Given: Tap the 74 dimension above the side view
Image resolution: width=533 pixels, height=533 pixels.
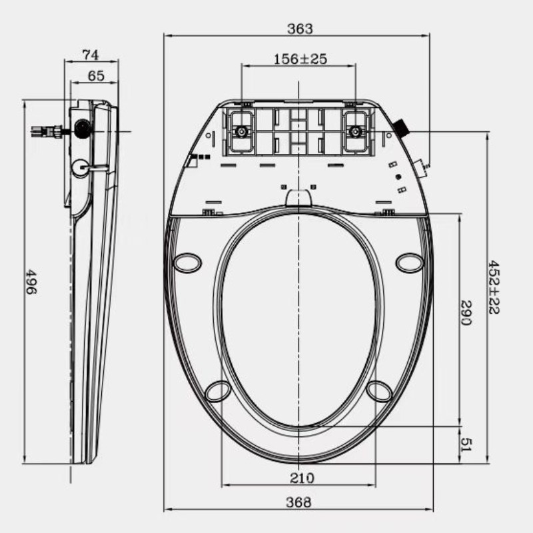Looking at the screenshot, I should point(91,54).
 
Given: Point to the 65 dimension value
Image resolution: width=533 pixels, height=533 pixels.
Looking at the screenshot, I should point(95,76).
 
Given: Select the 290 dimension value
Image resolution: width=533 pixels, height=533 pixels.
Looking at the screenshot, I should point(467,313).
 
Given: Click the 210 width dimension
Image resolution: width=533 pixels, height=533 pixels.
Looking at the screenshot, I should point(298,478).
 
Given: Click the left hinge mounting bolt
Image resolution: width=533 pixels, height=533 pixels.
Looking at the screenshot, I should point(241,131).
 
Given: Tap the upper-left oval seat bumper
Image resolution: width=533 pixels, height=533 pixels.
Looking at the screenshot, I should point(187,263).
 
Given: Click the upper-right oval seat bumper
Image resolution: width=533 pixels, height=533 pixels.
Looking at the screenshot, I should point(409,263).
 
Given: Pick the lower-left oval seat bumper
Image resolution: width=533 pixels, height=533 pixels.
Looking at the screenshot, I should point(218,391).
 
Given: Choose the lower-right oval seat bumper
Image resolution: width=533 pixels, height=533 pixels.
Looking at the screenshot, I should point(379,391).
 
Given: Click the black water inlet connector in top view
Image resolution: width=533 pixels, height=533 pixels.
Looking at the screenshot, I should point(402,127).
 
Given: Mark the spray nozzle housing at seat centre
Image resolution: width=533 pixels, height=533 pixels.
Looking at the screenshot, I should point(298,198).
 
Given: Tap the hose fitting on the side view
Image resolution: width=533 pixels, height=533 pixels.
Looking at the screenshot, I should point(48,131).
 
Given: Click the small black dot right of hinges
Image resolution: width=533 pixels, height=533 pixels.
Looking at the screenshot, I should point(398,177).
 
